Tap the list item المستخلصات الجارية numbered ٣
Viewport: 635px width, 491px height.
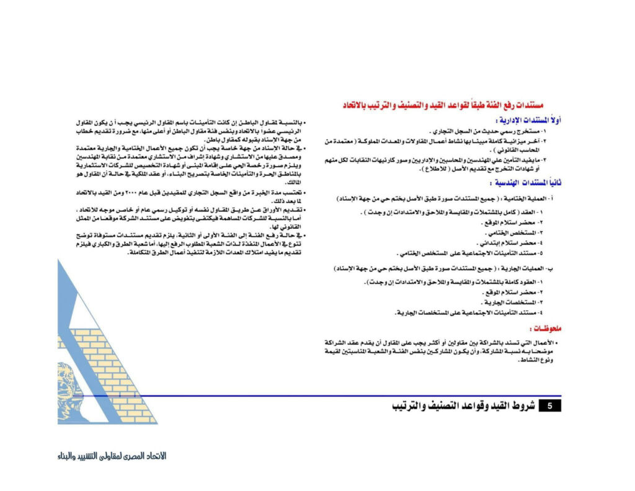[510, 302]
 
